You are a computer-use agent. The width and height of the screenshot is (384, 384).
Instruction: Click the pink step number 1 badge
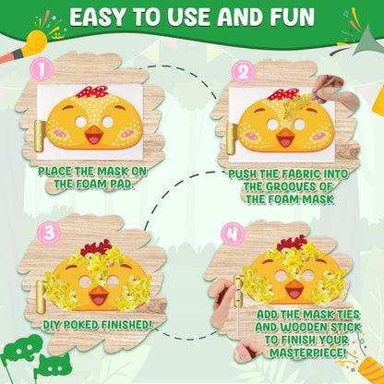[42, 68]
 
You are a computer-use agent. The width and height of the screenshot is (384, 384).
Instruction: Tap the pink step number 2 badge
[243, 72]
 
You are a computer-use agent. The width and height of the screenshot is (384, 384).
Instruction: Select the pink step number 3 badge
[49, 233]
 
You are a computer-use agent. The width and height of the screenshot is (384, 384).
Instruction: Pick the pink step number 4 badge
[233, 234]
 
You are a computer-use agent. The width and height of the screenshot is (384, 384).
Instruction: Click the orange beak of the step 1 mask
[93, 135]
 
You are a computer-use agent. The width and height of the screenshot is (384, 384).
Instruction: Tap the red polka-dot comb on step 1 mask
[91, 92]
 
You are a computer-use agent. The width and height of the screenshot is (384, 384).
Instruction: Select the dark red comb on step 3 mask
[96, 247]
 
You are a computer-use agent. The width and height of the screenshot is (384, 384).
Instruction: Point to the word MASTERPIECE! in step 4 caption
[307, 353]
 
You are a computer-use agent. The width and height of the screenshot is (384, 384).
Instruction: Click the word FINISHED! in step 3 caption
[126, 325]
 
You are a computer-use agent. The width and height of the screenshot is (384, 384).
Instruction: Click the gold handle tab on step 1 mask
[40, 136]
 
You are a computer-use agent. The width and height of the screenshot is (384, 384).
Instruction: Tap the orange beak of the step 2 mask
[285, 138]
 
